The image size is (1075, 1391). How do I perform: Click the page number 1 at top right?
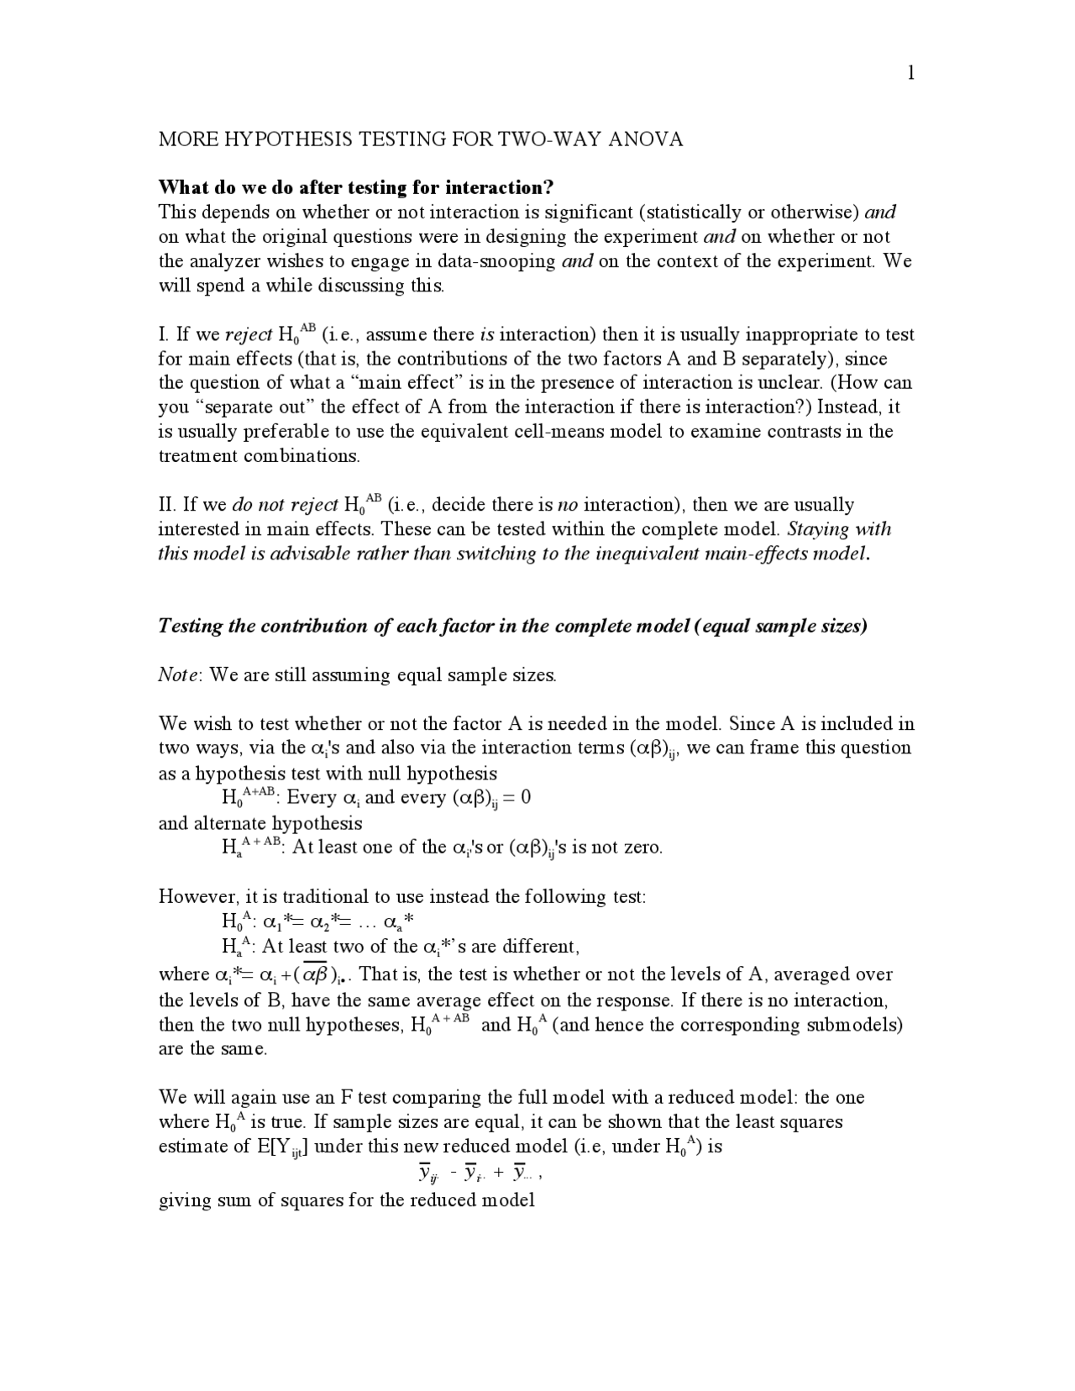(x=910, y=73)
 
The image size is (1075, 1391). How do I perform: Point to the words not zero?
(x=629, y=847)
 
